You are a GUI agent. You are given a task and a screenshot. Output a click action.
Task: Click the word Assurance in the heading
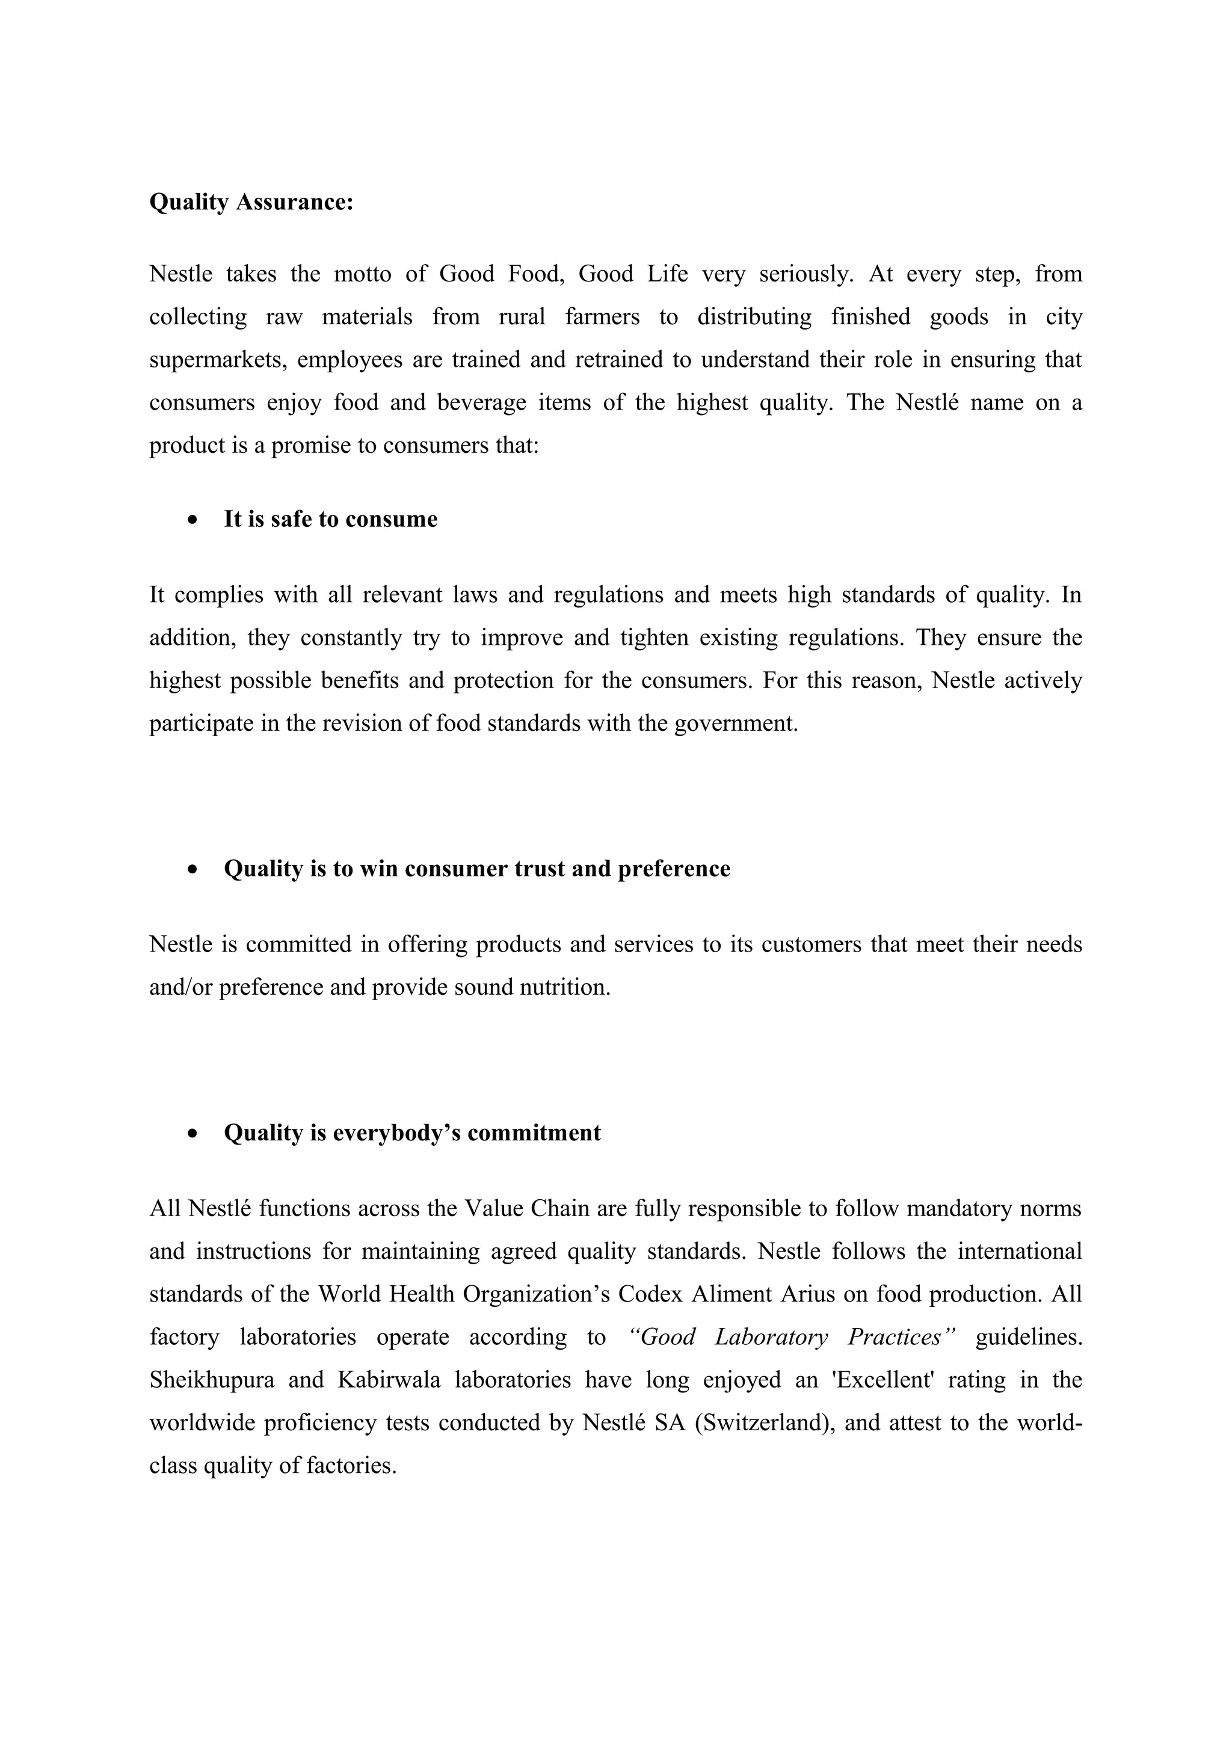pos(295,202)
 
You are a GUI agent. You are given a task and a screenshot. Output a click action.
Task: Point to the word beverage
pos(481,402)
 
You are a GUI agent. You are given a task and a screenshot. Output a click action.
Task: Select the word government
pos(736,723)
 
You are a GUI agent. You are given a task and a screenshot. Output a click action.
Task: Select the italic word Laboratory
pos(771,1337)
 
